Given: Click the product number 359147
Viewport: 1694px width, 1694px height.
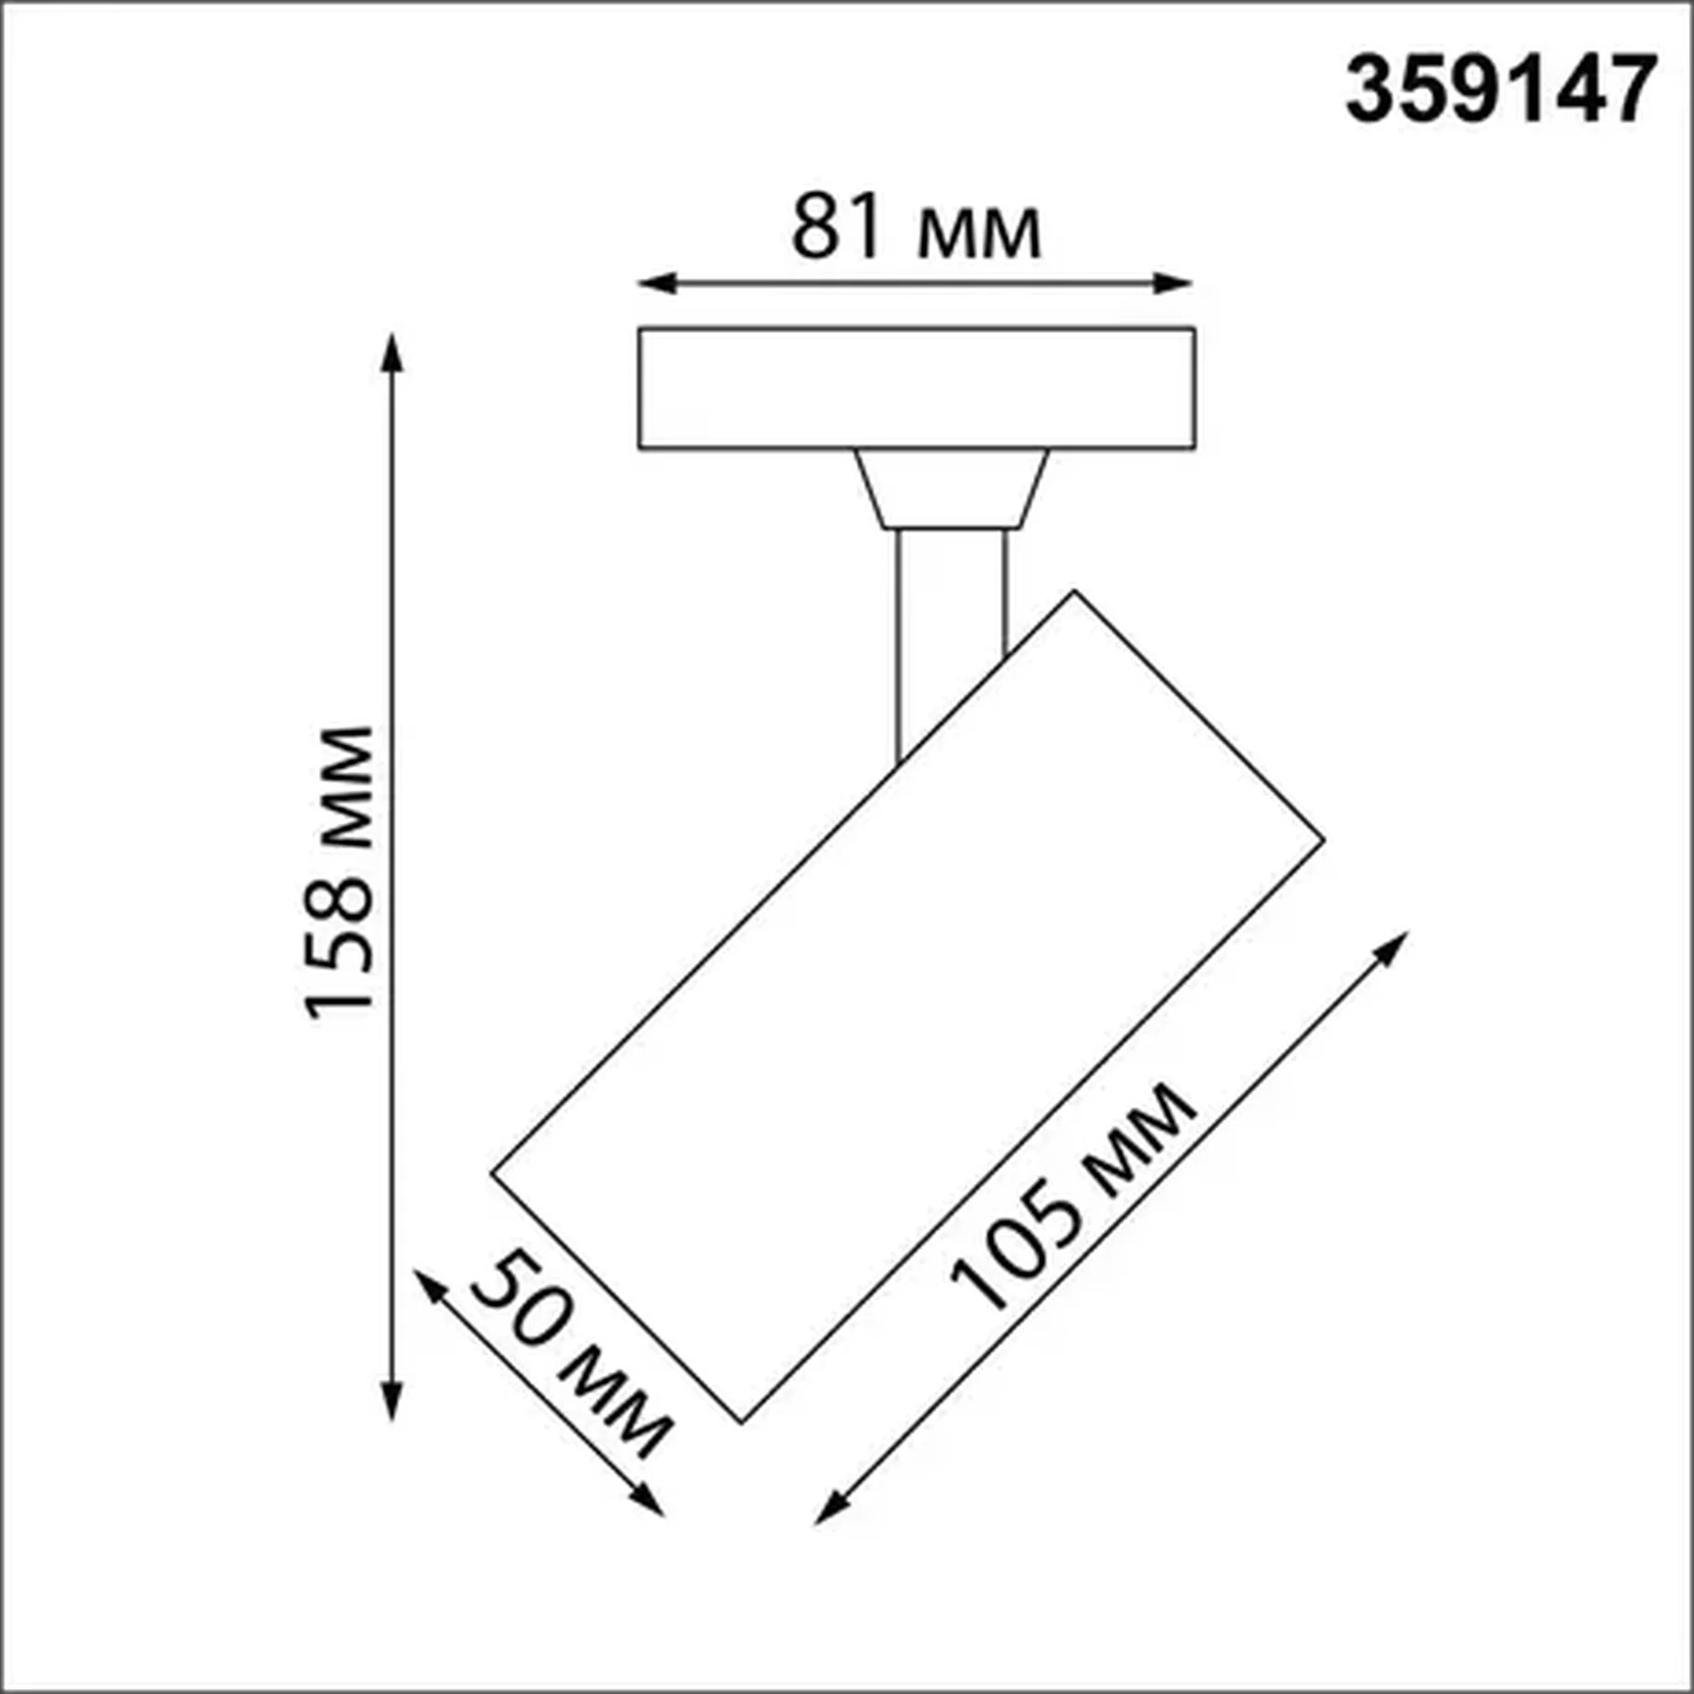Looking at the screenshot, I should pyautogui.click(x=1500, y=90).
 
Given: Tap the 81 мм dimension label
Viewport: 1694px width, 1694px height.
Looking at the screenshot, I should pyautogui.click(x=915, y=228).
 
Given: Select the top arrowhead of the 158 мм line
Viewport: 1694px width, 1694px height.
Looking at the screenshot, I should pyautogui.click(x=392, y=351).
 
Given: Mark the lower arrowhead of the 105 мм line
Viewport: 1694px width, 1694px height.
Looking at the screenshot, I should pyautogui.click(x=830, y=1510).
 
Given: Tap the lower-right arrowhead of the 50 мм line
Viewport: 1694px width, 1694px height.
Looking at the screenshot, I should pyautogui.click(x=649, y=1501).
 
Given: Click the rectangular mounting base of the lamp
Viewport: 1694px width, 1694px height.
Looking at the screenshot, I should pyautogui.click(x=916, y=388).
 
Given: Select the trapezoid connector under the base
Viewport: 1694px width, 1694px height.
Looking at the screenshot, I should pyautogui.click(x=950, y=489).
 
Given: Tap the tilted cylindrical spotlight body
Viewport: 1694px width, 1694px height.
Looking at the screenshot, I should pyautogui.click(x=906, y=1005).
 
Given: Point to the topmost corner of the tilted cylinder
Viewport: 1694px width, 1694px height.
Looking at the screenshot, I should pyautogui.click(x=1075, y=593).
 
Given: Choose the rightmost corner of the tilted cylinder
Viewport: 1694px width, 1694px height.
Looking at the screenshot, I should pyautogui.click(x=1322, y=840).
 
